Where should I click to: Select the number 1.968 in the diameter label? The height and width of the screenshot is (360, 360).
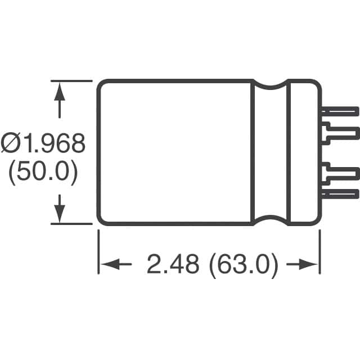(x=55, y=144)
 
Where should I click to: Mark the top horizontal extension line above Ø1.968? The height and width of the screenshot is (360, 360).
(x=70, y=80)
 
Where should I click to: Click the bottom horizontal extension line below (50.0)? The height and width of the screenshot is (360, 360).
(x=70, y=224)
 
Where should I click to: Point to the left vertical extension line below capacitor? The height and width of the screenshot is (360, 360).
(x=99, y=253)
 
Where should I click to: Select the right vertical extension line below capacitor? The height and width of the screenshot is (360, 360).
(x=319, y=253)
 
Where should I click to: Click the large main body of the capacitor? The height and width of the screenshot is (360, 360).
(x=174, y=152)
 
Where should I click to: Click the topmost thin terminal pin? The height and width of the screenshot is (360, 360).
(x=340, y=111)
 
